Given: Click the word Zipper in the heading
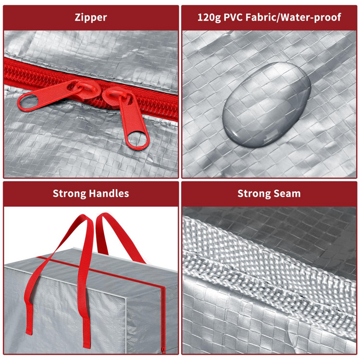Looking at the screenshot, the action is [x=91, y=17].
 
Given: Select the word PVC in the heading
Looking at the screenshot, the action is [x=233, y=17].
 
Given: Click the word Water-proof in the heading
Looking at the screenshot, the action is [x=311, y=17].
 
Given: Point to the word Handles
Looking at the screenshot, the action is [x=109, y=193].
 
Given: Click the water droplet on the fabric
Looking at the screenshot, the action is [x=266, y=104].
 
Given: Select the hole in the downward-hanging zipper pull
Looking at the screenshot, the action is [x=137, y=139].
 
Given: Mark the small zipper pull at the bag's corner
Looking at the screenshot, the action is [x=163, y=349].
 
